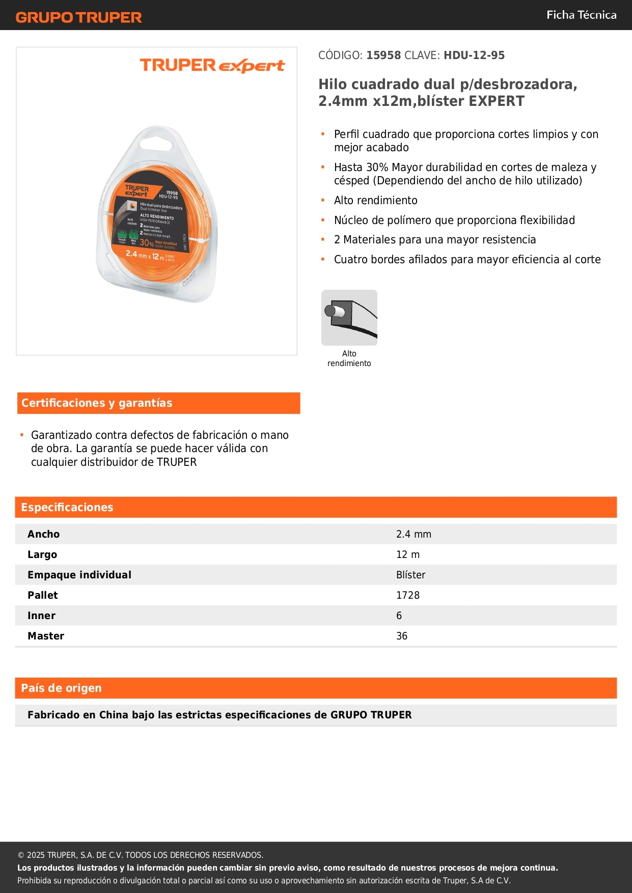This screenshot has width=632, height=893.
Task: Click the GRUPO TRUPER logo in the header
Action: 78,17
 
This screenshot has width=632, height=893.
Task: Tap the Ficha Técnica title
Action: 581,15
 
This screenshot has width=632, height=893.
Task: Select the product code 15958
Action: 383,55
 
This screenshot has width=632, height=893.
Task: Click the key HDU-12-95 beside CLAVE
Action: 474,55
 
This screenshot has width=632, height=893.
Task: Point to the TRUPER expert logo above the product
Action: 212,66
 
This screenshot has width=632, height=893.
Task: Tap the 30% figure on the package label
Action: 147,243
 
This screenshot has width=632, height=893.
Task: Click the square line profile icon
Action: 349,318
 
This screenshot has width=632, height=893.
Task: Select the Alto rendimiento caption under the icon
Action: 349,358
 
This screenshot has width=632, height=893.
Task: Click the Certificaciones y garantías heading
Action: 97,403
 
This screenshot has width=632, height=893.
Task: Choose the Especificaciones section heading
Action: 67,508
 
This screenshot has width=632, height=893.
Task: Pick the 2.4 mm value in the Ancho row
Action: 414,534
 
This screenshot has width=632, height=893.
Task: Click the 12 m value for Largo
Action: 408,554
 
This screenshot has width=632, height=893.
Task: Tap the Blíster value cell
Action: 410,575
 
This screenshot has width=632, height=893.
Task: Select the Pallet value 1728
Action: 408,595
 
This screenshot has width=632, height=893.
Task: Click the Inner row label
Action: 42,616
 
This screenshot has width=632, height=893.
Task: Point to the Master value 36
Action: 402,636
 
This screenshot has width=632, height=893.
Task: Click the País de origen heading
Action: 61,688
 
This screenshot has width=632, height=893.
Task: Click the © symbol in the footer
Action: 21,855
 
